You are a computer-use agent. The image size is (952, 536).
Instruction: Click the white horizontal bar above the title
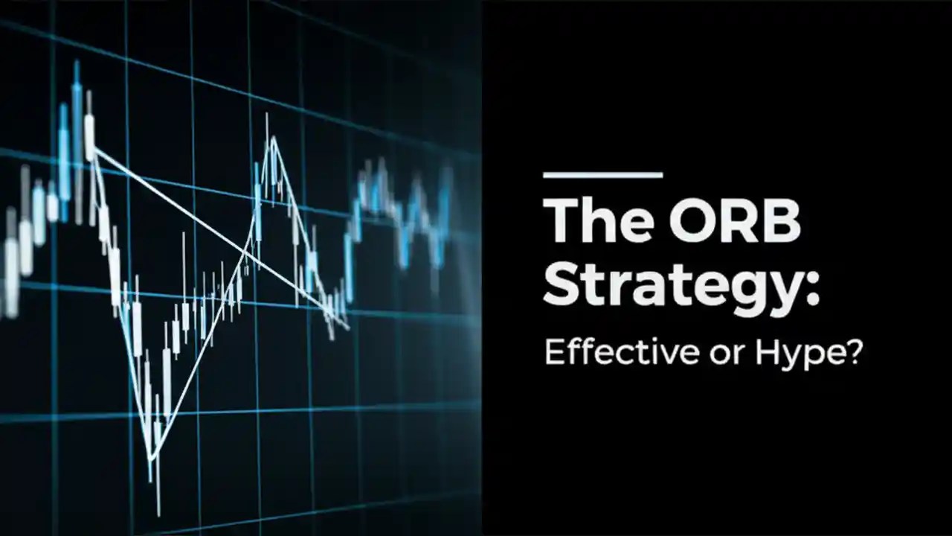click(x=602, y=176)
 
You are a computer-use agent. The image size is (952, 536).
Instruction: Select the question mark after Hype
click(x=852, y=351)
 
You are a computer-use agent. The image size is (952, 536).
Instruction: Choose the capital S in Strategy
click(x=564, y=284)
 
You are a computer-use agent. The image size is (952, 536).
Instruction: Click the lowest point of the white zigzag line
click(x=152, y=458)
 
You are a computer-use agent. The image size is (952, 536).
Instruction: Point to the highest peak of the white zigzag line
click(x=274, y=138)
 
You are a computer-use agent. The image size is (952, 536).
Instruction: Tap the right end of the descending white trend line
click(x=346, y=325)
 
